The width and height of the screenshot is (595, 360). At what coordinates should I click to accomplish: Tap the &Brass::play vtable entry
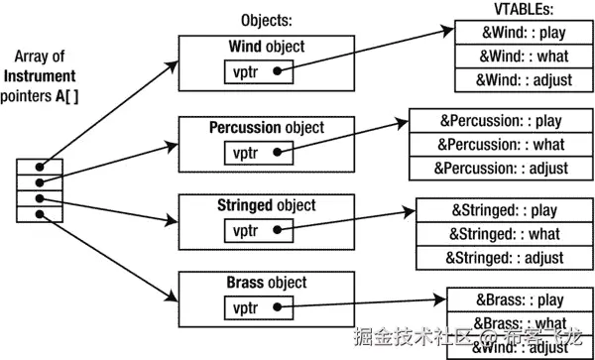click(519, 300)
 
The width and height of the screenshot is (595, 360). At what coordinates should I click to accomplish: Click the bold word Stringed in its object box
click(248, 205)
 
